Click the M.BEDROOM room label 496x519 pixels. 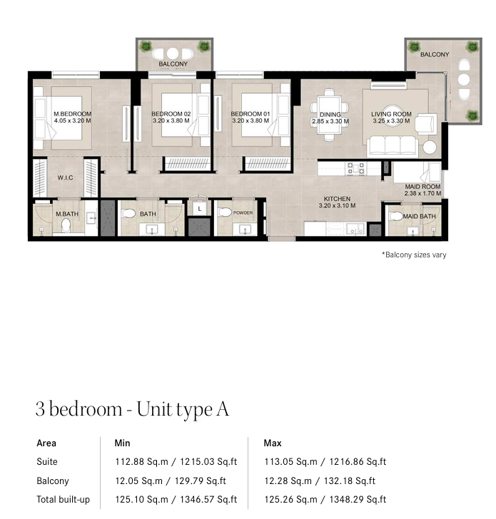pos(73,114)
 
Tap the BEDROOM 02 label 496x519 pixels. pos(171,114)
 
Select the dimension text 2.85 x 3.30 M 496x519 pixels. pos(330,121)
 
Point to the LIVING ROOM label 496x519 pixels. pos(391,114)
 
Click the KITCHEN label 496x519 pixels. pos(337,199)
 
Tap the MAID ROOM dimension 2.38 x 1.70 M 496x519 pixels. pos(422,193)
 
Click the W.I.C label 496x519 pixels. pos(65,178)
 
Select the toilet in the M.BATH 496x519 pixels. pos(66,225)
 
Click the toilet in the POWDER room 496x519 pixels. pos(226,212)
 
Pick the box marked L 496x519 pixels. pos(199,209)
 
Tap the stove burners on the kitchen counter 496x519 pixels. pos(356,168)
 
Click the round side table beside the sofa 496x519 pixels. pos(430,148)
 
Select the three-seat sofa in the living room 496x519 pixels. pos(393,145)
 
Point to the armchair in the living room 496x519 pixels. pos(426,124)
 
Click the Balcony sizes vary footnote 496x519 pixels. pos(414,255)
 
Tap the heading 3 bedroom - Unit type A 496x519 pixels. pos(132,409)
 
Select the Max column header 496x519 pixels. pos(273,443)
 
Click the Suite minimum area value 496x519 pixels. pos(176,461)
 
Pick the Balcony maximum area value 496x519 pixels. pos(320,481)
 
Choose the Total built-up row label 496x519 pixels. pos(64,500)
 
